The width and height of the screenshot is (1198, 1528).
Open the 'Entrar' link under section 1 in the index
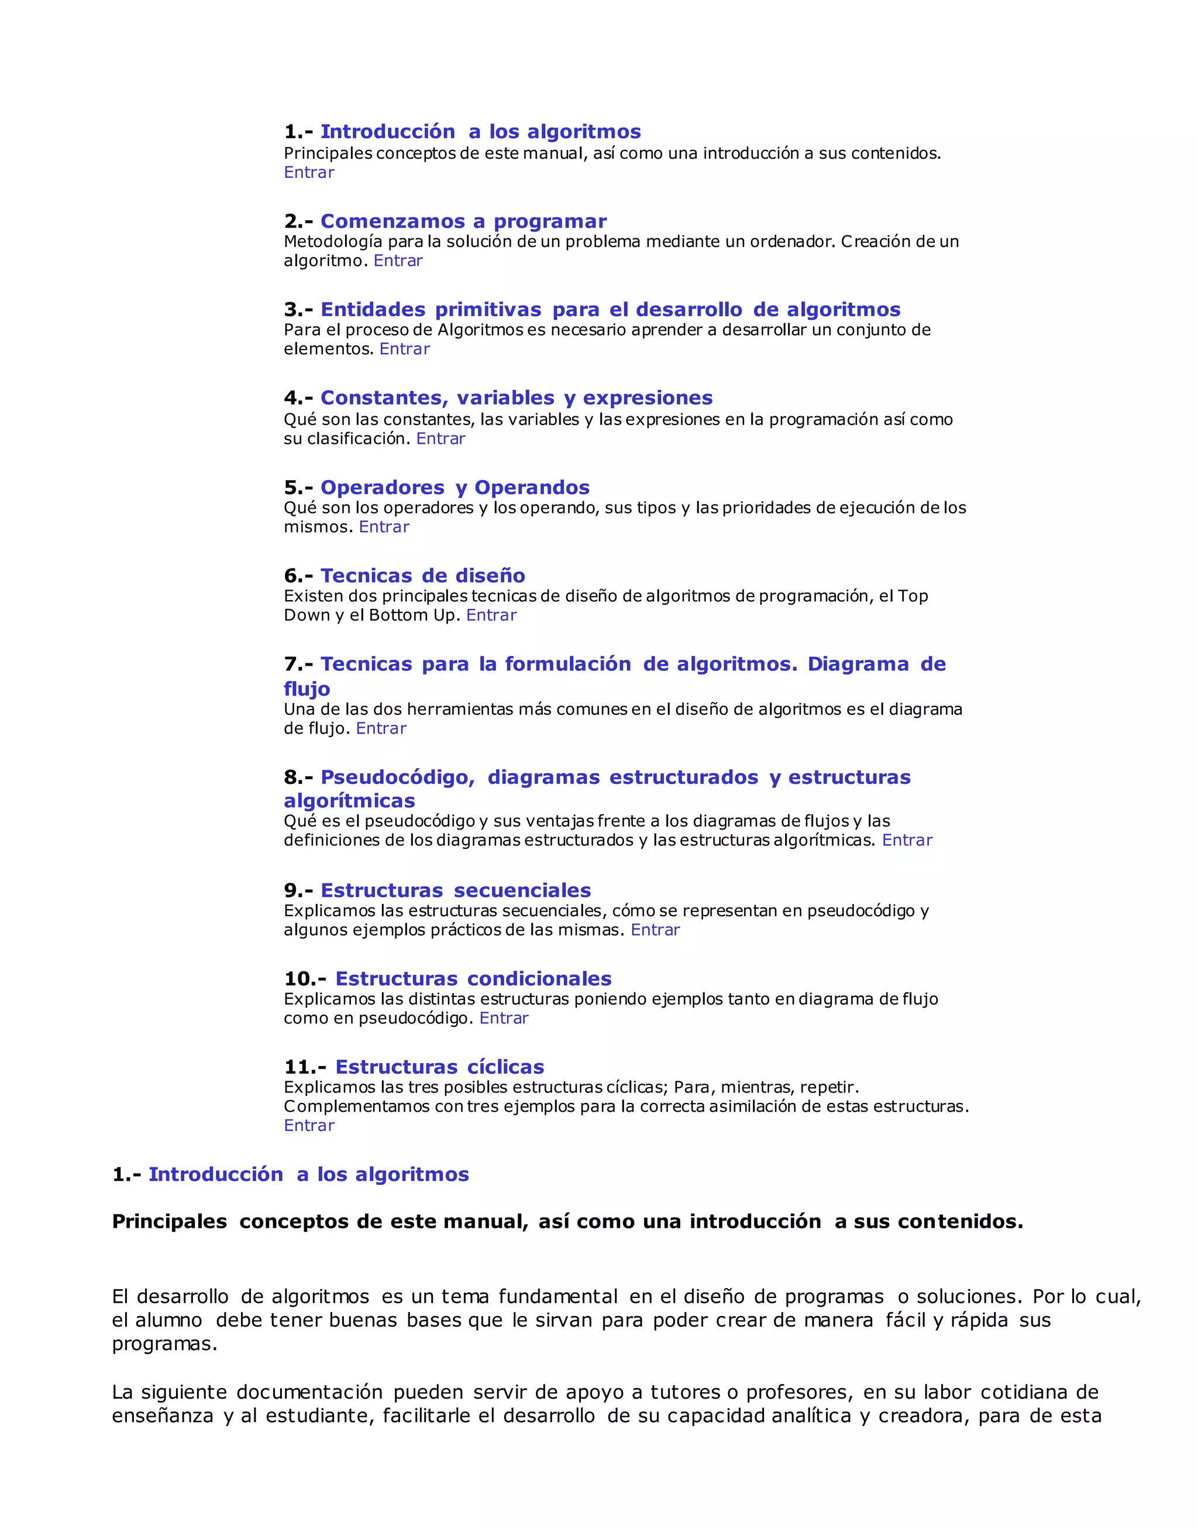point(309,173)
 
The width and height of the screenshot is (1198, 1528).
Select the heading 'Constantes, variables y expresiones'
point(517,398)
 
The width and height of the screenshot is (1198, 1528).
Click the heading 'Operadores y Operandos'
point(455,487)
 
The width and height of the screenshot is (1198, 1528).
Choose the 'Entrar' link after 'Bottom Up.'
point(491,615)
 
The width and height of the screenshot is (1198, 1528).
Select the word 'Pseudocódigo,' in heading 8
point(398,777)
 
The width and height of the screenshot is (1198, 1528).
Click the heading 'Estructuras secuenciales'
point(455,890)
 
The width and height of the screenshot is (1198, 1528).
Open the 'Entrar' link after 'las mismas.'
point(655,930)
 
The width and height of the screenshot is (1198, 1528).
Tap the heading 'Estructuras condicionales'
point(473,978)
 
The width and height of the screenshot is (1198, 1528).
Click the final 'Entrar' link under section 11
point(309,1126)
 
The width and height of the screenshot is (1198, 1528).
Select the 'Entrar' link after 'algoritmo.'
point(398,261)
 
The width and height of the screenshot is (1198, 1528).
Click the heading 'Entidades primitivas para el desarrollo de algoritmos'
point(610,310)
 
